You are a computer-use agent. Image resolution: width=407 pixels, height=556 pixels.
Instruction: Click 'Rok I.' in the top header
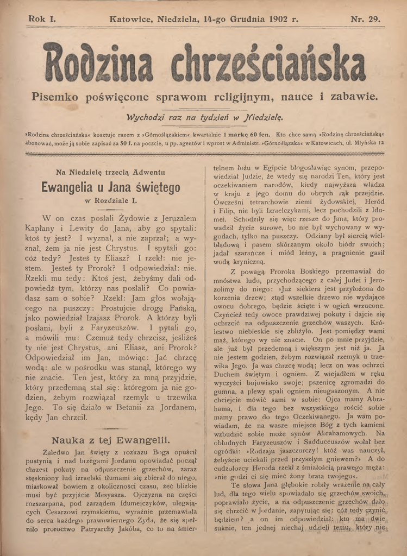pos(42,19)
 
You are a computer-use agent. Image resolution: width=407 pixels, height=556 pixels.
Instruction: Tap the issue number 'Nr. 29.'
pos(365,19)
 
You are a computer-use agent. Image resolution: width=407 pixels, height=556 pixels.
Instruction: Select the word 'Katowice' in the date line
pos(130,19)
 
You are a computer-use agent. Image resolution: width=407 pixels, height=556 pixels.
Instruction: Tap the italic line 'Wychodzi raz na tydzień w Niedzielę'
pos(204,116)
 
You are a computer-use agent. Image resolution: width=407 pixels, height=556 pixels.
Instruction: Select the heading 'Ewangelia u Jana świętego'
pos(110,187)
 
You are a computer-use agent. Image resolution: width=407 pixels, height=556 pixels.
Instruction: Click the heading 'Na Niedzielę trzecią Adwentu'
pos(110,173)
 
